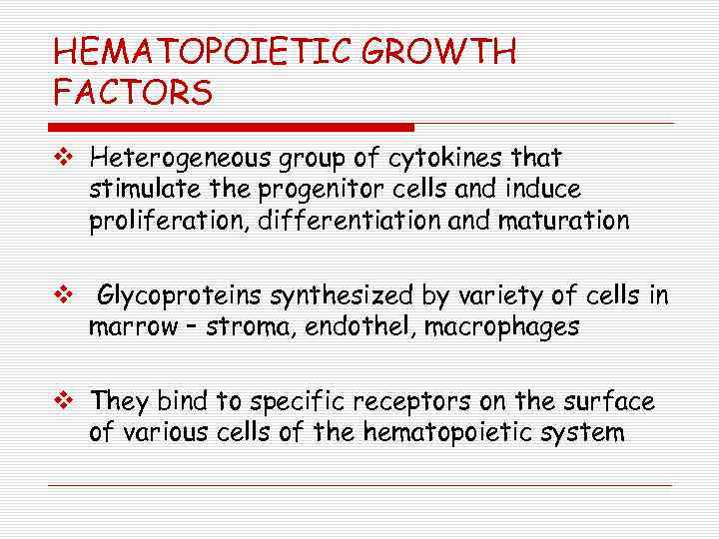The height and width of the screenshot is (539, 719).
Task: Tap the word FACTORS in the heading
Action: coord(133,93)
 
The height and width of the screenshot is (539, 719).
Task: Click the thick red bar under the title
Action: coord(231,127)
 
